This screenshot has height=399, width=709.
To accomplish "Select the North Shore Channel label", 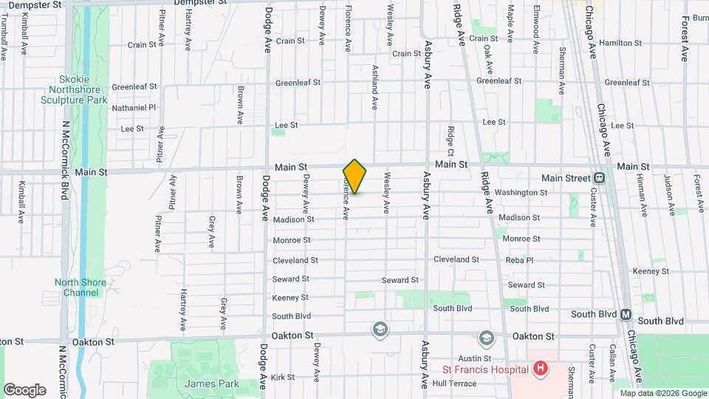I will click(x=80, y=287).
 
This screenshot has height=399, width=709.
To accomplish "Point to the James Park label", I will click(x=202, y=383).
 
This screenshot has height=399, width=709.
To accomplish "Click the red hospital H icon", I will click(x=541, y=368).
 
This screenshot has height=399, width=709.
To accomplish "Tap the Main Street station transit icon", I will click(x=598, y=177).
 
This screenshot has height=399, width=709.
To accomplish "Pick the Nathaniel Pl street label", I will click(x=134, y=107).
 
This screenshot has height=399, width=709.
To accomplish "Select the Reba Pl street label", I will click(x=519, y=260).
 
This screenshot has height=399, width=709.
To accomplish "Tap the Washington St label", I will click(x=521, y=193).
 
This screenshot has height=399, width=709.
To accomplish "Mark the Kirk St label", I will click(x=283, y=377).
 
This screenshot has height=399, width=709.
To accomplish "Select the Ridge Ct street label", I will click(x=450, y=135).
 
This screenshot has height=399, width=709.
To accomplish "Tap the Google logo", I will click(x=24, y=389).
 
